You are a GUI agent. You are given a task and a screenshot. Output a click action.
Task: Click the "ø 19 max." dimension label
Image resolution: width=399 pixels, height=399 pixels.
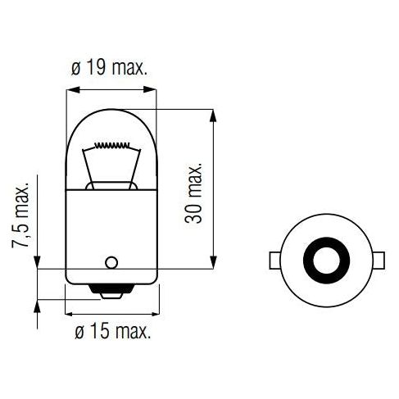click(109, 68)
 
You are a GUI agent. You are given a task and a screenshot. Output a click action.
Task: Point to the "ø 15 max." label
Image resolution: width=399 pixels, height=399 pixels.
click(109, 332)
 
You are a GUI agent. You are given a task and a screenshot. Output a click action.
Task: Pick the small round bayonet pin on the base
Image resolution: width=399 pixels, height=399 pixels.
click(109, 263)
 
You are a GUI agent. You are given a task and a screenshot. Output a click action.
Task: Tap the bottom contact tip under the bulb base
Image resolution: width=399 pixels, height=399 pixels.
click(109, 290)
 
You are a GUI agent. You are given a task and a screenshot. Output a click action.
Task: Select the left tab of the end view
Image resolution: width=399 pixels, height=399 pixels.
click(274, 261)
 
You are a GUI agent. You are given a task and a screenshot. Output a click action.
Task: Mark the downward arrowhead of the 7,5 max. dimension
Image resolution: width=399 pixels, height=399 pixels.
click(37, 261)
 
